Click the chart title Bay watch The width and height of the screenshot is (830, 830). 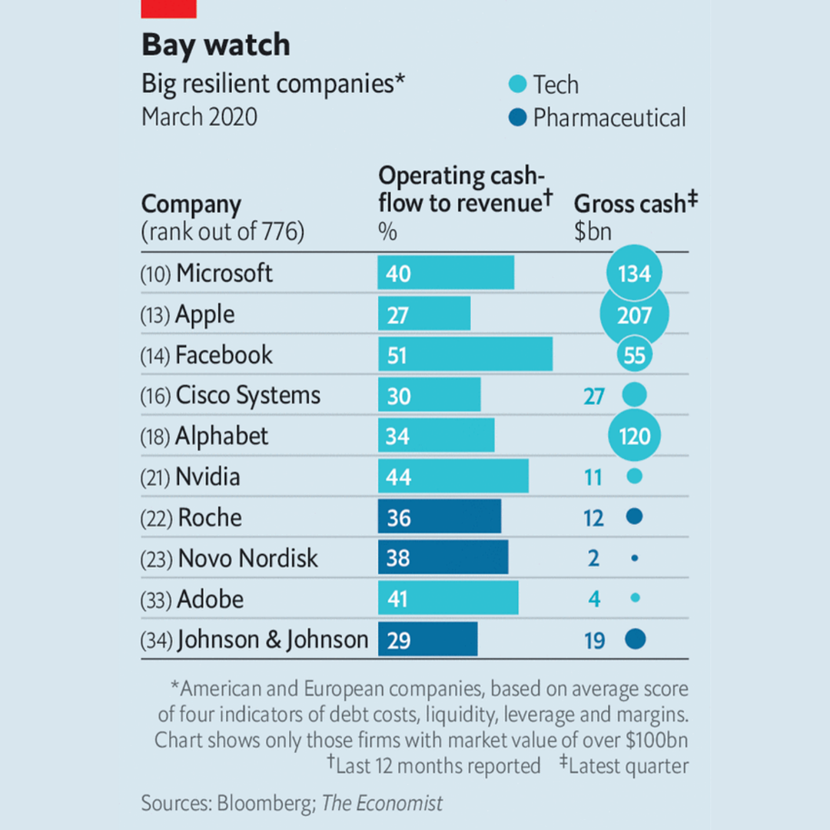[215, 45]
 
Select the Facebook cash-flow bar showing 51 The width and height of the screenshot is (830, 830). [465, 355]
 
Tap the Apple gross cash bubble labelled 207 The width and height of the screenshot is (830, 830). [634, 314]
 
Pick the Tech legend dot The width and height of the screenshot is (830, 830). [519, 85]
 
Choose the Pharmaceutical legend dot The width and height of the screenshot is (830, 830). [519, 118]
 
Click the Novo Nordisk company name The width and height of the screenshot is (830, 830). [247, 558]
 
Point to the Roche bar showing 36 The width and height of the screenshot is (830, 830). [439, 517]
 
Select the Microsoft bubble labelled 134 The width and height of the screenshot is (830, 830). [634, 274]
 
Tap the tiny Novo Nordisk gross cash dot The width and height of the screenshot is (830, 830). [634, 558]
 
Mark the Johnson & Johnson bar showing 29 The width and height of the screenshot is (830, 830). [427, 639]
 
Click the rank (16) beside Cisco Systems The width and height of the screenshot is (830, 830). [156, 397]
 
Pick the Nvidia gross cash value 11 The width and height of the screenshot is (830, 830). [593, 477]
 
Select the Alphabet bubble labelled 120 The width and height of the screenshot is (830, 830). [634, 437]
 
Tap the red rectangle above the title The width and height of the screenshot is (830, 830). [169, 8]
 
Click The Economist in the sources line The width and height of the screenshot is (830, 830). [382, 804]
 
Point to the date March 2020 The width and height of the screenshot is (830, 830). [199, 118]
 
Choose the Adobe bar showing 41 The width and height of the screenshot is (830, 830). [448, 599]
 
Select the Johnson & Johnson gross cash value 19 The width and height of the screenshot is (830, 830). [594, 640]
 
